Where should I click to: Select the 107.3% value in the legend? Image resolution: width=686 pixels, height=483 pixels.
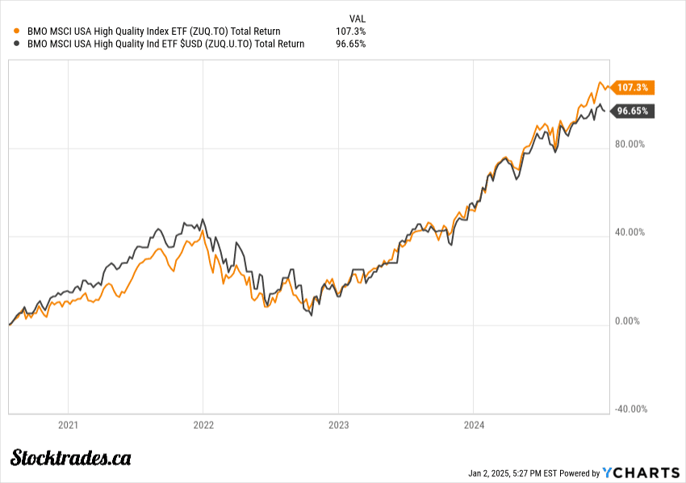pyautogui.click(x=350, y=31)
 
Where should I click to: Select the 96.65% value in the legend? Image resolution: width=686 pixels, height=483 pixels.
pyautogui.click(x=350, y=44)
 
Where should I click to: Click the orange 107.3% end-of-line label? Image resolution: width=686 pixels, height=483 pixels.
pyautogui.click(x=633, y=87)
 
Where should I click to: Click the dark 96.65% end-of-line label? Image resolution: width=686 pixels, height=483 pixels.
pyautogui.click(x=633, y=111)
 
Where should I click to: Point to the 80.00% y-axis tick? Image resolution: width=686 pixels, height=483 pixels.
pyautogui.click(x=631, y=145)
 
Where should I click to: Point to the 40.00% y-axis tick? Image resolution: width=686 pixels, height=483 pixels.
pyautogui.click(x=631, y=233)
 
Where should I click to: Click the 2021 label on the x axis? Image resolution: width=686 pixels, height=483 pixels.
pyautogui.click(x=68, y=425)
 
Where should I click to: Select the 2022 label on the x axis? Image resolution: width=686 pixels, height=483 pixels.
pyautogui.click(x=203, y=425)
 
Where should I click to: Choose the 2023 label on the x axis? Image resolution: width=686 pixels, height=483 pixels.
pyautogui.click(x=338, y=425)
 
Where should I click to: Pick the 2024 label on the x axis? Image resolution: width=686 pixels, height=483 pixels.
pyautogui.click(x=473, y=425)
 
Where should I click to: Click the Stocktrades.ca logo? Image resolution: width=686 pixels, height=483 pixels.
pyautogui.click(x=70, y=458)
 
